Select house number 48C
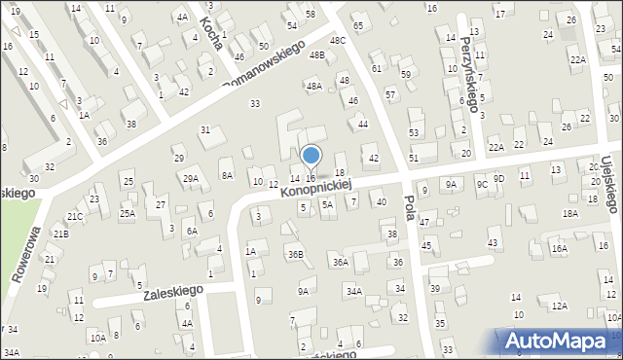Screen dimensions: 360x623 click(x=337, y=40)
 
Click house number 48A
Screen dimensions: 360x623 click(x=313, y=86)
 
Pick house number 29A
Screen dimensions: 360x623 click(x=190, y=178)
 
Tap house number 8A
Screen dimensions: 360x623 click(x=227, y=175)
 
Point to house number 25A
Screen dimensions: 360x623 click(x=127, y=213)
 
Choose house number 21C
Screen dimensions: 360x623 click(x=75, y=216)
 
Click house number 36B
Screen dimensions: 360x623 click(x=295, y=254)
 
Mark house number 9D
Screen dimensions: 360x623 click(x=498, y=178)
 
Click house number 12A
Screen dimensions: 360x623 click(x=559, y=306)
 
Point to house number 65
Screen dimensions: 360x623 click(x=357, y=24)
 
